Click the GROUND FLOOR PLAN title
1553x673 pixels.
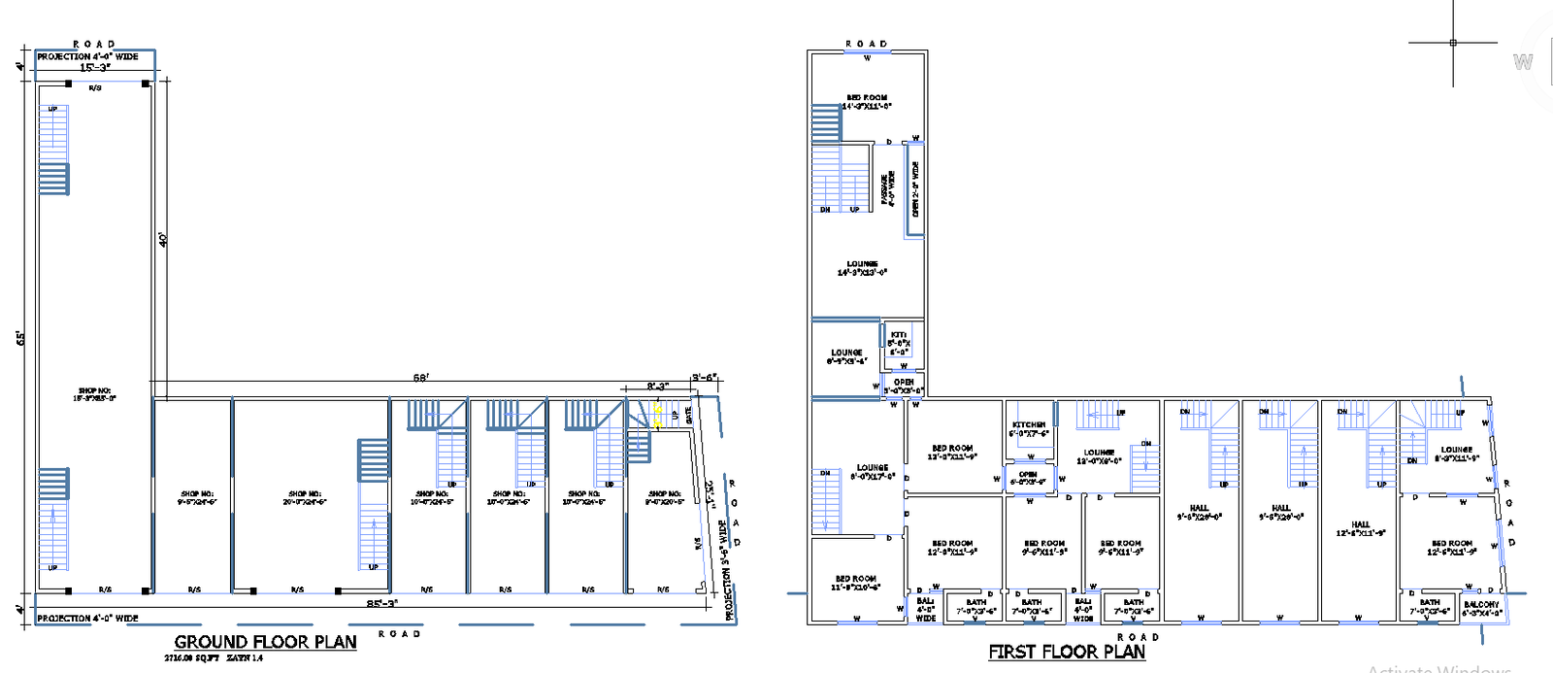(x=265, y=642)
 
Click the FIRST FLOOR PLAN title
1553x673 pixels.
(x=1067, y=652)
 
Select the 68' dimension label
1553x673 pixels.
(x=420, y=378)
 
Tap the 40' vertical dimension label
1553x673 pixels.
(x=164, y=239)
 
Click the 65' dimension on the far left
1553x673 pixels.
(x=20, y=337)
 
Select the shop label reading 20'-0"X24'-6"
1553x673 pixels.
(x=305, y=498)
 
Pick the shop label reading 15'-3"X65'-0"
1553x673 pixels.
(x=94, y=394)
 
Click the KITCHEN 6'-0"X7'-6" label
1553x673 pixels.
(x=1029, y=429)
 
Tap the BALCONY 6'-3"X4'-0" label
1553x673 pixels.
(x=1481, y=608)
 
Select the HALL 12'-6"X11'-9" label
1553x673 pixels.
(x=1361, y=528)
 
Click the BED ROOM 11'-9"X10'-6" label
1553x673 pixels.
(x=855, y=583)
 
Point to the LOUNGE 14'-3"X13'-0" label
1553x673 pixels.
(x=862, y=268)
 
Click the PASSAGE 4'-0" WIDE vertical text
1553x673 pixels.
(x=887, y=188)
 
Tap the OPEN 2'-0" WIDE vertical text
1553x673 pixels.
(x=915, y=188)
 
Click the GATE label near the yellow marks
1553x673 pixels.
(x=689, y=415)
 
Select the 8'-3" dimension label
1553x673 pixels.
(x=657, y=387)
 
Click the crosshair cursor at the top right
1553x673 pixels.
(x=1453, y=43)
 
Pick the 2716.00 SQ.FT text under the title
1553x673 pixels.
(x=192, y=658)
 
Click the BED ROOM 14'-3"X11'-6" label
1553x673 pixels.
(x=866, y=102)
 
